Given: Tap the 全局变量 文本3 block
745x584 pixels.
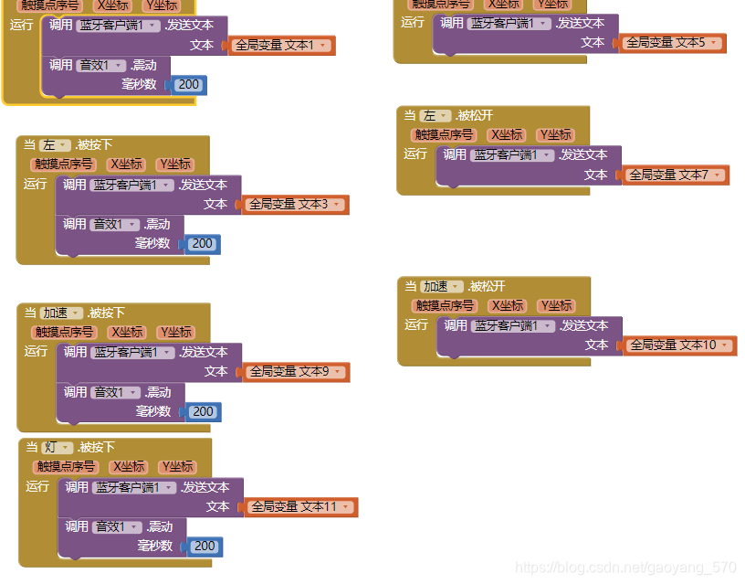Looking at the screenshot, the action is pyautogui.click(x=295, y=205).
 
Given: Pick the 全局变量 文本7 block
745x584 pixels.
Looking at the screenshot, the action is pyautogui.click(x=675, y=175).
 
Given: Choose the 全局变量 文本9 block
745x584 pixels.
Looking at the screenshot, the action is pyautogui.click(x=296, y=372).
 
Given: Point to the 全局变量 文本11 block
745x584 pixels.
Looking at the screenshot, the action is pyautogui.click(x=300, y=507).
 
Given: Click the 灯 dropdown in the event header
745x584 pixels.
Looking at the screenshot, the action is pyautogui.click(x=57, y=448).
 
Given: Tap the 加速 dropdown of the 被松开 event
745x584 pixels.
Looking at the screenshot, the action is pyautogui.click(x=443, y=287).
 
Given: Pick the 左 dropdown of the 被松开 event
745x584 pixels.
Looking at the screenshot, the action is pyautogui.click(x=435, y=116).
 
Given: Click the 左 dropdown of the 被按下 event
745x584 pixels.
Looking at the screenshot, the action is pyautogui.click(x=55, y=145).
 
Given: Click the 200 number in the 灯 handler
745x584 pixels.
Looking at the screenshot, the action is pyautogui.click(x=205, y=547).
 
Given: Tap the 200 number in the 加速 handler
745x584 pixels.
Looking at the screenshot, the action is pyautogui.click(x=203, y=412).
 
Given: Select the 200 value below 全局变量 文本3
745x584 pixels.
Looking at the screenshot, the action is pyautogui.click(x=202, y=244).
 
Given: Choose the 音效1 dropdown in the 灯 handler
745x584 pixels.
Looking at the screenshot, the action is pyautogui.click(x=117, y=527).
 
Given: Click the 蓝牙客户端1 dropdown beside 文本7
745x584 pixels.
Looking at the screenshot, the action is pyautogui.click(x=513, y=155).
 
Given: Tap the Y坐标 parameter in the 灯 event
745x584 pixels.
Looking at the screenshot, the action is pyautogui.click(x=177, y=467).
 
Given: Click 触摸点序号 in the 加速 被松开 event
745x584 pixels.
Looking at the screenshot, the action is pyautogui.click(x=445, y=306).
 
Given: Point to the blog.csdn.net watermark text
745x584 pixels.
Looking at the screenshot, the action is pyautogui.click(x=625, y=568).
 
